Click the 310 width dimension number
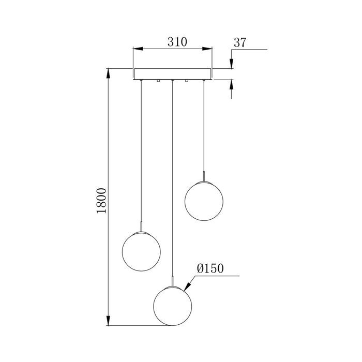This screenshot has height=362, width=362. click(173, 42)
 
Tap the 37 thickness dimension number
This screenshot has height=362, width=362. click(239, 43)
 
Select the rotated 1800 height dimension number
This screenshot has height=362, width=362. click(102, 200)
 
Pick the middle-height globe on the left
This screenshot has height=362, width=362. click(140, 250)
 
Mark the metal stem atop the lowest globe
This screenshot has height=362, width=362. click(172, 280)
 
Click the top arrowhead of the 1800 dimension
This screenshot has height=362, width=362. click(109, 72)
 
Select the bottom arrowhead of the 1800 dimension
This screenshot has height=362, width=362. click(109, 321)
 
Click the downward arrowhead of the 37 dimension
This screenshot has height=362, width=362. click(231, 64)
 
